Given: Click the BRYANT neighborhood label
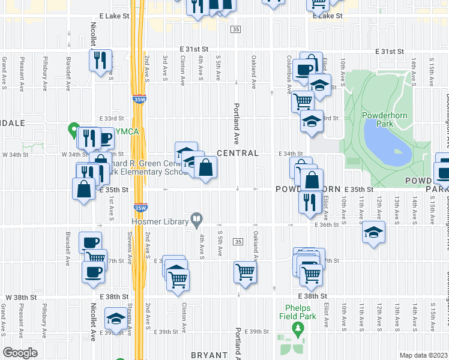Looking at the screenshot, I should click(210, 355).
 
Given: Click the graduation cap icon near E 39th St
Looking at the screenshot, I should click(115, 319).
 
